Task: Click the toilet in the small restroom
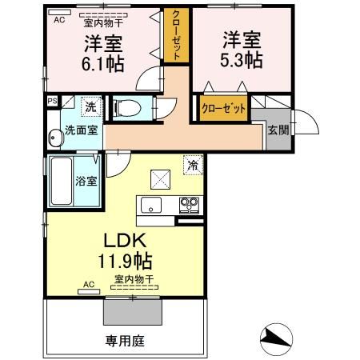126,108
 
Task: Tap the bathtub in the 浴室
62,181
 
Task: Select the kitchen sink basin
151,205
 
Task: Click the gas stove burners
189,206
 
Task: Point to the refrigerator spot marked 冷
193,165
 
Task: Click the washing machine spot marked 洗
91,106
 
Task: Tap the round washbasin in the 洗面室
56,138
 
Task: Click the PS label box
53,101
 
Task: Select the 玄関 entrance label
278,130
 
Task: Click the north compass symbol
276,339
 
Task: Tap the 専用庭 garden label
125,341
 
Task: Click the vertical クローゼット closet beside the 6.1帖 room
176,35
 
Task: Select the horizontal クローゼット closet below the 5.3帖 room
223,108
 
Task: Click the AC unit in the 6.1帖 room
60,13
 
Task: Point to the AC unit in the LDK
89,291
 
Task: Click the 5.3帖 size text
242,61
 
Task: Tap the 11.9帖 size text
126,261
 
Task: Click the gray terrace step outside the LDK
133,311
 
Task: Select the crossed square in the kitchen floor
160,179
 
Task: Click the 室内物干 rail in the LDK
134,287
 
